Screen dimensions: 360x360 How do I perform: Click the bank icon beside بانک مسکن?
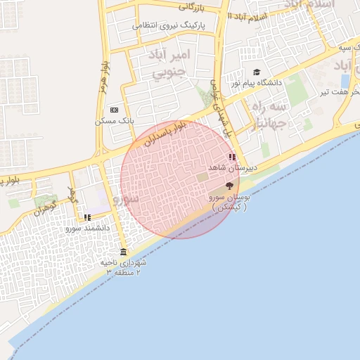114,110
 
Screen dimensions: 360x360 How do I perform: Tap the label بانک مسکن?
114,121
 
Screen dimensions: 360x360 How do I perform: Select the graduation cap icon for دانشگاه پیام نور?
257,72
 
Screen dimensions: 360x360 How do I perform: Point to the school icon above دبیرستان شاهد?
232,157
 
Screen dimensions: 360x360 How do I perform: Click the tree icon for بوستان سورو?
229,186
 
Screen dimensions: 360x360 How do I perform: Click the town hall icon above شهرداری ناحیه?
124,252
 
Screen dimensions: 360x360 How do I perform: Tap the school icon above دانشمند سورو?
87,218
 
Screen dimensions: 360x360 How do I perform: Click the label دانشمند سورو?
88,229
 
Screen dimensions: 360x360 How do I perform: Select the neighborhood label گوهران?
44,207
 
